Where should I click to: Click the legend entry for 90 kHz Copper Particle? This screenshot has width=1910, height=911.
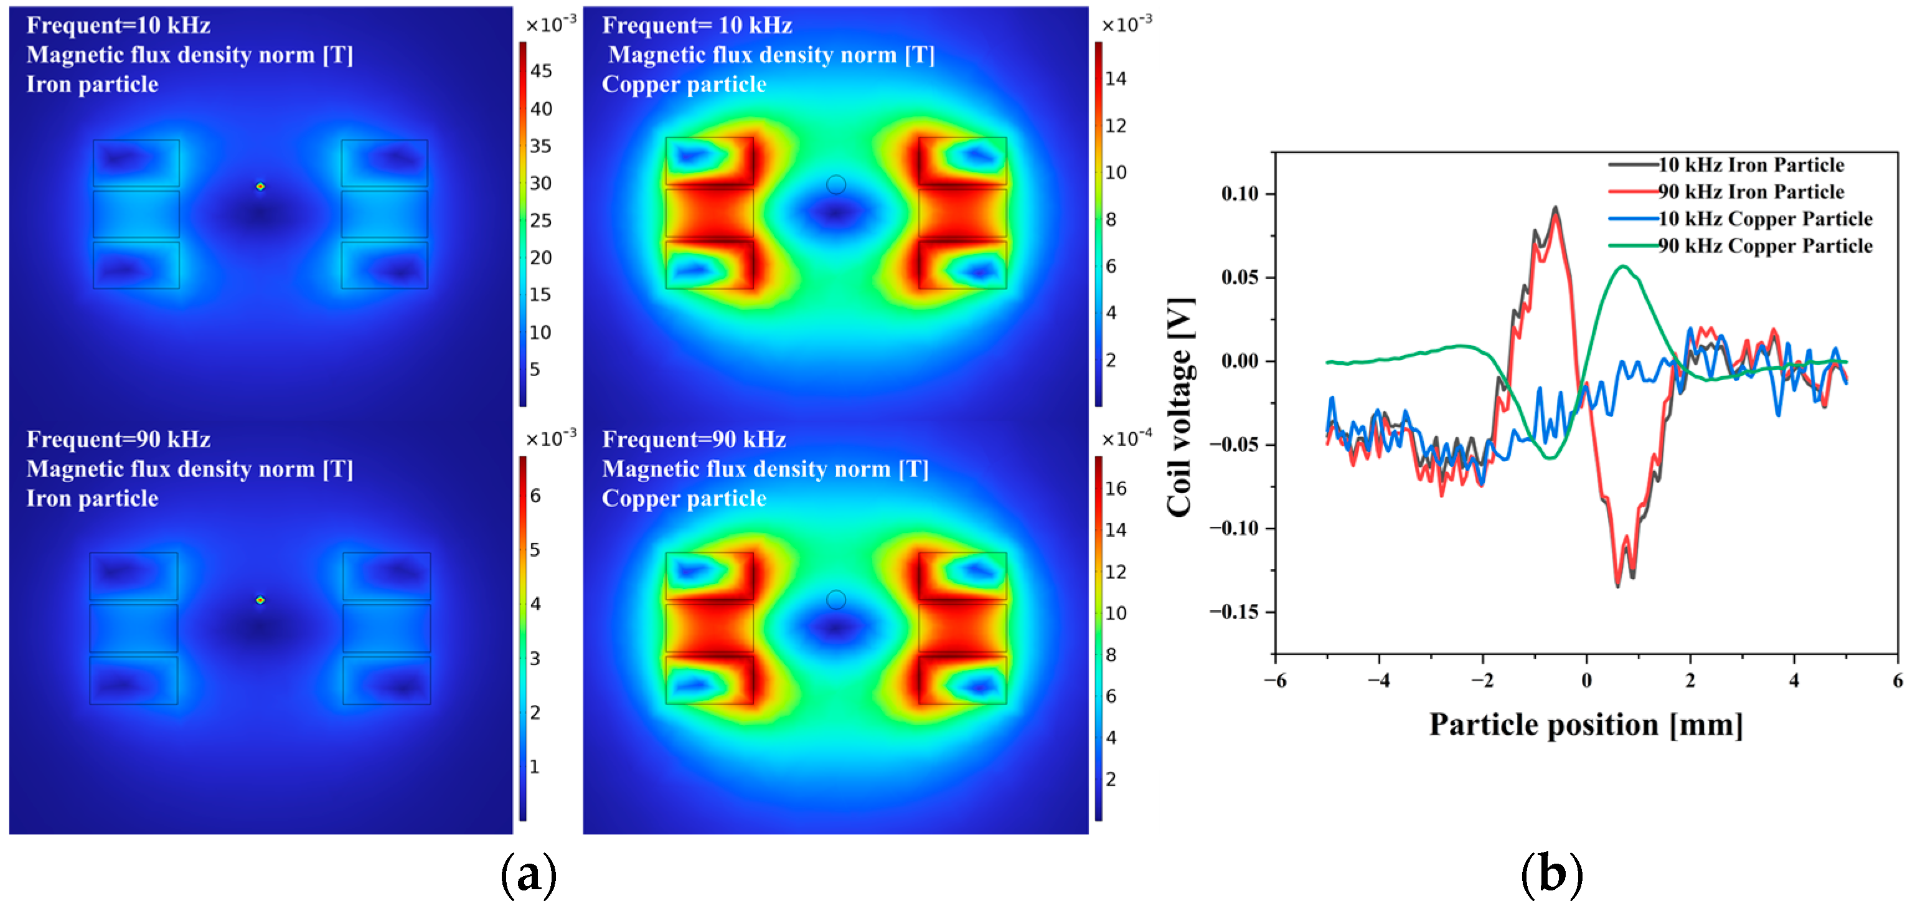tap(1765, 245)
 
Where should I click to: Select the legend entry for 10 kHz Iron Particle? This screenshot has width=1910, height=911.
tap(1751, 164)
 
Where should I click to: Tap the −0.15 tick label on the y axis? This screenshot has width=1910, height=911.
tap(1234, 612)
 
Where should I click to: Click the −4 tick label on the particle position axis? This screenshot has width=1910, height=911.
tap(1378, 680)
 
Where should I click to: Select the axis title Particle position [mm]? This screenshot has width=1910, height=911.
tap(1586, 725)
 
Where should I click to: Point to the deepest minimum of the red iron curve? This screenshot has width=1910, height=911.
tap(1618, 586)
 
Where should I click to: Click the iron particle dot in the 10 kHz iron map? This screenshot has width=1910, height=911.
tap(260, 186)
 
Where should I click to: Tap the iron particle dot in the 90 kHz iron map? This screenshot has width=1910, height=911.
tap(260, 600)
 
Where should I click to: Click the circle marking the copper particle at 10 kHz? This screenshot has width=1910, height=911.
tap(835, 185)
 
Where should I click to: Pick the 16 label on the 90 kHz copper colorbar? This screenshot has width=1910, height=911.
tap(1115, 488)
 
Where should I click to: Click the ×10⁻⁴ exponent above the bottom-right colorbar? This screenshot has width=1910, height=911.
tap(1126, 438)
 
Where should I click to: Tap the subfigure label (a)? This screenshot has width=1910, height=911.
tap(528, 876)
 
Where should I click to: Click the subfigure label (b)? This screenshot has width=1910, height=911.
tap(1551, 876)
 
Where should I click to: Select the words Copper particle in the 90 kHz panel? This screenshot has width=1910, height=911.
tap(684, 498)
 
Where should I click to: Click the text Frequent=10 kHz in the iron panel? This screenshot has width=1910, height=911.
tap(119, 26)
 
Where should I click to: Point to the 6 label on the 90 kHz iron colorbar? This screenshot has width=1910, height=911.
tap(535, 496)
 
